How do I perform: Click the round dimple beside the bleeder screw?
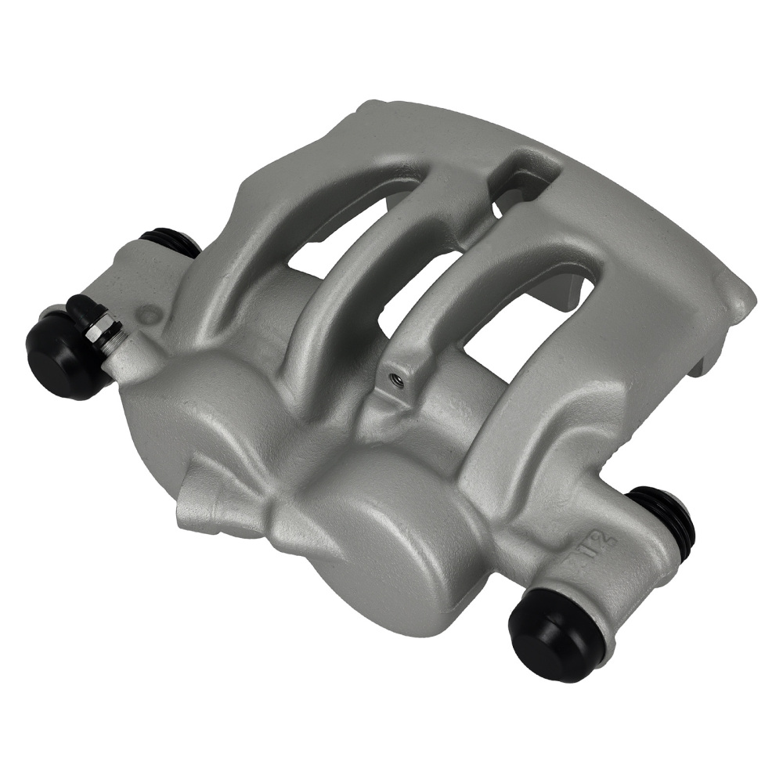pos(148,316)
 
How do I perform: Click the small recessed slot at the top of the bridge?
pos(521,176)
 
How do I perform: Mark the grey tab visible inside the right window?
pos(576,294)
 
